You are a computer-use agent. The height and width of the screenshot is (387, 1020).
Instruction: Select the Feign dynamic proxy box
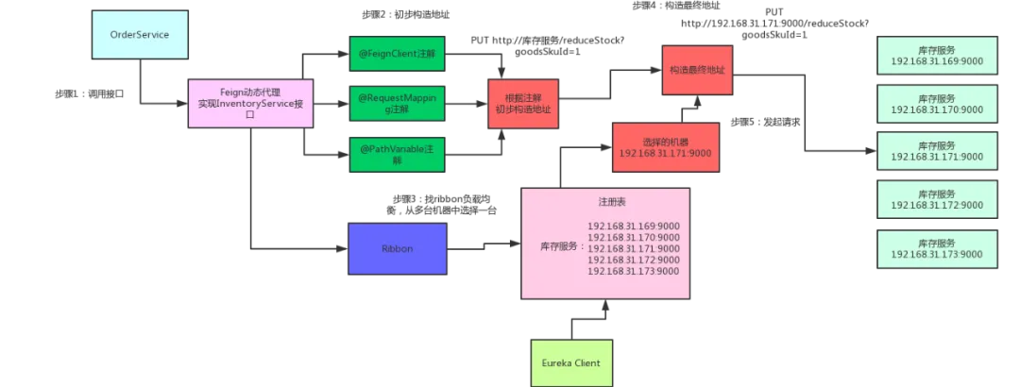point(250,104)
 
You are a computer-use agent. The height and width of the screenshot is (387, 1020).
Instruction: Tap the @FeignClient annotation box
point(396,55)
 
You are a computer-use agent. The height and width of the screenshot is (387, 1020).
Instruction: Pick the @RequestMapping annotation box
point(396,104)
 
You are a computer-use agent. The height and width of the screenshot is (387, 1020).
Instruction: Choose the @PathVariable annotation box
point(396,154)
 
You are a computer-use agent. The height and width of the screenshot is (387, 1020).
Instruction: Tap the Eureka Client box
point(570,362)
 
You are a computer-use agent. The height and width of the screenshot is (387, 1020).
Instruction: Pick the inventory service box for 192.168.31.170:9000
point(937,104)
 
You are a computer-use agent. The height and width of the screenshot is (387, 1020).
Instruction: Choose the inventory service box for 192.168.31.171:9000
point(937,151)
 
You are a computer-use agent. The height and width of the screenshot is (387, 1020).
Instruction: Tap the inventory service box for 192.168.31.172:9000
point(937,198)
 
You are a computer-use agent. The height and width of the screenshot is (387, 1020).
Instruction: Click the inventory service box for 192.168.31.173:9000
point(937,247)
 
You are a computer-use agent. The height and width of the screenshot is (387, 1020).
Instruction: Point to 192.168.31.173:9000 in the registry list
point(633,271)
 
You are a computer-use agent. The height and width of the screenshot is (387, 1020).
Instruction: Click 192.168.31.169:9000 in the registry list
point(633,226)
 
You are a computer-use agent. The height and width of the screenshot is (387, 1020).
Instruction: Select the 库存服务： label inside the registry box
point(559,247)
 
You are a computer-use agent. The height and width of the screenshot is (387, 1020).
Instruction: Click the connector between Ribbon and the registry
point(484,252)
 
